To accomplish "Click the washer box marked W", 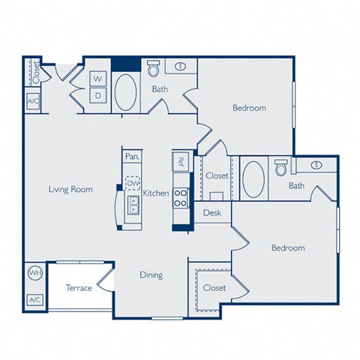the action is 98,79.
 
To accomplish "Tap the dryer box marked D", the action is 98,95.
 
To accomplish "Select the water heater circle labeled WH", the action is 35,273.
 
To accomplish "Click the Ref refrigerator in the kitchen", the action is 181,161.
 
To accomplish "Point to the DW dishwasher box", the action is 133,183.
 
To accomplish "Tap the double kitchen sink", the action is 133,205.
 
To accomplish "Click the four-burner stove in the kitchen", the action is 181,198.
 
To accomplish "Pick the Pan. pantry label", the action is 132,157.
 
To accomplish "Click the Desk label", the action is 212,213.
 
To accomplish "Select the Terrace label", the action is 79,288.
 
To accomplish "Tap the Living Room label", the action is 70,189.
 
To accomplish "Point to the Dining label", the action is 151,275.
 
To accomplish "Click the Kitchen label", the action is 156,193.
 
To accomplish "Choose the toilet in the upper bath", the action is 153,68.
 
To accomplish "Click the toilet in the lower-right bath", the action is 281,167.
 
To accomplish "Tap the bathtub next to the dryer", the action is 125,92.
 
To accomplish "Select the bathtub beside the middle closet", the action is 253,179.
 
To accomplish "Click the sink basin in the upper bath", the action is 181,67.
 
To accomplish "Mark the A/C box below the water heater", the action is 35,299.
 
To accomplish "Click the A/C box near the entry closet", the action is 33,101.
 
